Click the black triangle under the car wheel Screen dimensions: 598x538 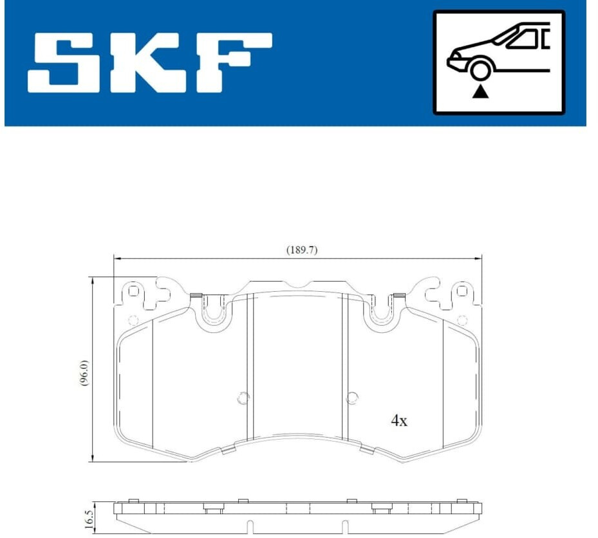point(480,92)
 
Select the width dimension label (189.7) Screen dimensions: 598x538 point(302,250)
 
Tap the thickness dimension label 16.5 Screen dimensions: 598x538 point(88,519)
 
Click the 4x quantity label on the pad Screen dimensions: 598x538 point(399,421)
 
